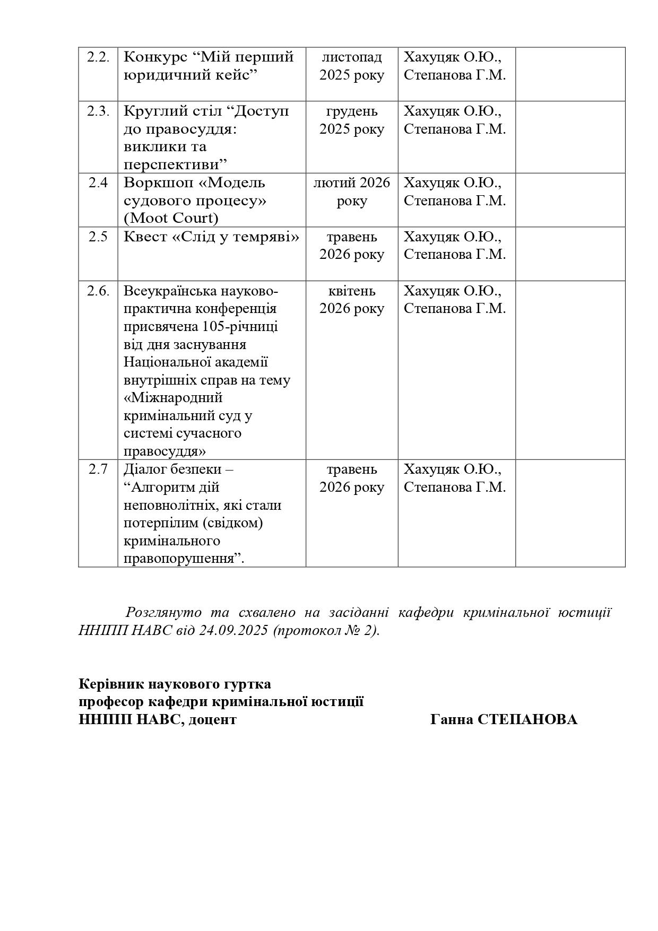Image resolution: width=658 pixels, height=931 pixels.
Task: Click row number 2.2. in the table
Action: pos(98,57)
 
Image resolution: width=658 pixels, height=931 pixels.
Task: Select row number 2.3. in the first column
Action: pos(98,111)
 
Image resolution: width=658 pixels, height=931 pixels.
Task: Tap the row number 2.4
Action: pos(98,183)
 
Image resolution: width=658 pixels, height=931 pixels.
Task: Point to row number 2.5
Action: pos(98,237)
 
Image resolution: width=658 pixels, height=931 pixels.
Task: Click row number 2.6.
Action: pos(98,291)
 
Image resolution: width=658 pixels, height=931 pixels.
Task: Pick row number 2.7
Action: pos(98,469)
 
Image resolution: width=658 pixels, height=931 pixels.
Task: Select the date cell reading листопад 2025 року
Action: pos(352,66)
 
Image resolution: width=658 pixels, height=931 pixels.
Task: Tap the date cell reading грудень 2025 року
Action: pos(352,120)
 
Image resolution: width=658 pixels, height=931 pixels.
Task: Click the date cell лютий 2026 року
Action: pos(352,192)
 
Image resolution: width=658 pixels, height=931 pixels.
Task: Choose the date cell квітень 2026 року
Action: pos(352,300)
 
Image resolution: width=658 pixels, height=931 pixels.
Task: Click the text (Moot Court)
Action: pos(171,219)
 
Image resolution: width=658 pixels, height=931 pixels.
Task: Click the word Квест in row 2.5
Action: pos(145,237)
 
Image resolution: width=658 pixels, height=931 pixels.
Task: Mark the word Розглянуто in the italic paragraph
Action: pos(163,613)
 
